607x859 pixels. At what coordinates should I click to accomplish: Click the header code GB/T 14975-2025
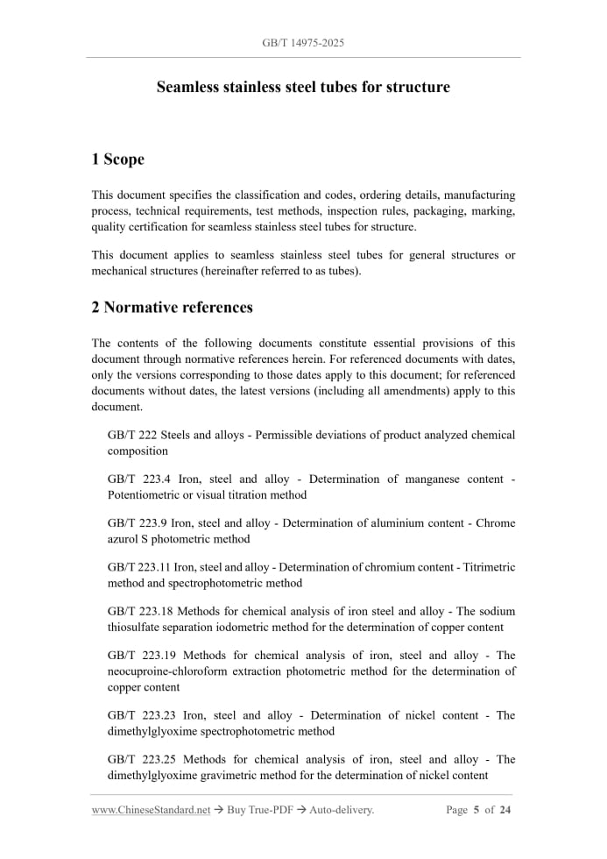pyautogui.click(x=303, y=42)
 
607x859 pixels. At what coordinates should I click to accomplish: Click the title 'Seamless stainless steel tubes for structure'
pyautogui.click(x=303, y=88)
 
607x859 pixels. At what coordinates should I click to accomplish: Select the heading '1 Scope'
pyautogui.click(x=117, y=160)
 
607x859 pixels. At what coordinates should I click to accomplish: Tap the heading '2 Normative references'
pyautogui.click(x=172, y=308)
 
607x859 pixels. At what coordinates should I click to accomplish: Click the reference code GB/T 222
pyautogui.click(x=132, y=436)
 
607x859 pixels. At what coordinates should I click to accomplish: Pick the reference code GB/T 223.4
pyautogui.click(x=138, y=479)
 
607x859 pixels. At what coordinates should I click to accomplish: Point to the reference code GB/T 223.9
pyautogui.click(x=138, y=523)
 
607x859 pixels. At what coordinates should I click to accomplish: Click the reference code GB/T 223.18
pyautogui.click(x=141, y=611)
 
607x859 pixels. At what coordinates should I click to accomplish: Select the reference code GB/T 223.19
pyautogui.click(x=141, y=655)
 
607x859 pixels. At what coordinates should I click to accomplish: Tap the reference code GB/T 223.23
pyautogui.click(x=141, y=715)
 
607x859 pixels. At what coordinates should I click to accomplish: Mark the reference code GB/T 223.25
pyautogui.click(x=141, y=759)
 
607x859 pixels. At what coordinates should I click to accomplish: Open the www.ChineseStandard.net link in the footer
pyautogui.click(x=151, y=811)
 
